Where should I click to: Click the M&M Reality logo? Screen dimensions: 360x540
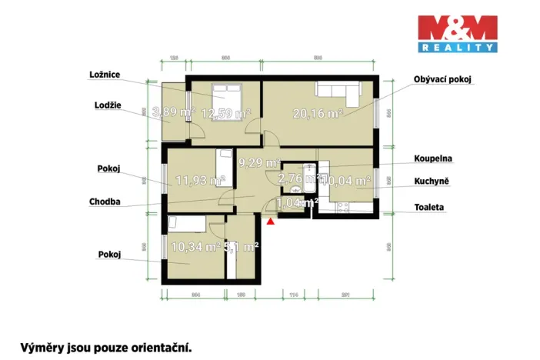(x=457, y=34)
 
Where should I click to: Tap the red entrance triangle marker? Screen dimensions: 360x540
(x=270, y=222)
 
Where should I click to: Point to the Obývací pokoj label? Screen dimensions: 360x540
(x=442, y=79)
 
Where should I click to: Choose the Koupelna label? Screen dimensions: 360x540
(x=432, y=158)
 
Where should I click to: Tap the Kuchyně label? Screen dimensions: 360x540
(x=431, y=181)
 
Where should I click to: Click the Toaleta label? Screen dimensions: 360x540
(x=429, y=207)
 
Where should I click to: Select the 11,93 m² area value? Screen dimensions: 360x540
(x=200, y=181)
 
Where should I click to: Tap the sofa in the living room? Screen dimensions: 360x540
(x=338, y=91)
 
